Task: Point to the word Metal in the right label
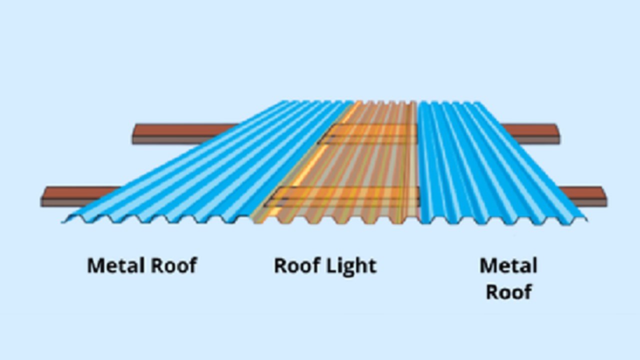pyautogui.click(x=508, y=265)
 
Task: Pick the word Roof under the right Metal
pyautogui.click(x=508, y=291)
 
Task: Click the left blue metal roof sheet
pyautogui.click(x=200, y=170)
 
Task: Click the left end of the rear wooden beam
pyautogui.click(x=136, y=133)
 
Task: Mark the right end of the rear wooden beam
pyautogui.click(x=556, y=133)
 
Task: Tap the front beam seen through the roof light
pyautogui.click(x=345, y=196)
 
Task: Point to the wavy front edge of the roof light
pyautogui.click(x=335, y=221)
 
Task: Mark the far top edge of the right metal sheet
pyautogui.click(x=452, y=102)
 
